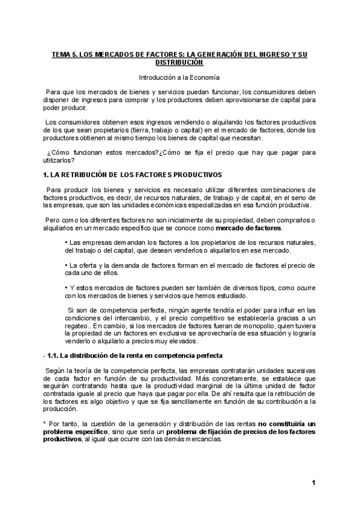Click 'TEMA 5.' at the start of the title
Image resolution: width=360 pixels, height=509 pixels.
click(x=64, y=54)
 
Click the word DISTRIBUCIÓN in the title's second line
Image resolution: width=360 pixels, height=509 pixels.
click(x=179, y=62)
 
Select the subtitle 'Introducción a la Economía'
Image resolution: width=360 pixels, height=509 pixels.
click(x=179, y=77)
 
